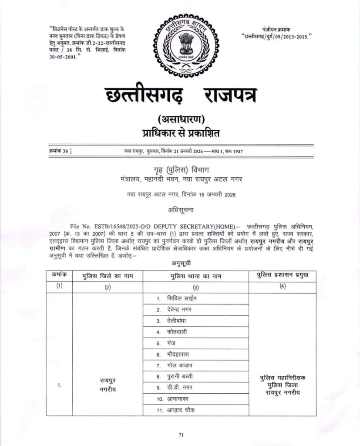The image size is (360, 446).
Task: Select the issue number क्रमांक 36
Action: click(61, 151)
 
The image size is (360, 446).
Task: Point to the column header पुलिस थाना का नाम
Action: click(195, 276)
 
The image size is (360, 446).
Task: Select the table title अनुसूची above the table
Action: click(180, 263)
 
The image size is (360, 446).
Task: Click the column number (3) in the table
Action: click(195, 287)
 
